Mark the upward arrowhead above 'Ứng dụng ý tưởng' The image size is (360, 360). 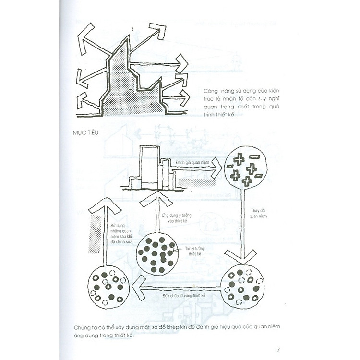click(x=156, y=196)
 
